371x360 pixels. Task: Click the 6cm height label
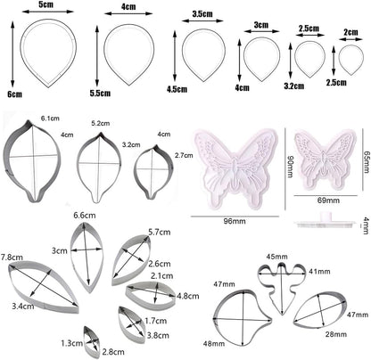(x=14, y=94)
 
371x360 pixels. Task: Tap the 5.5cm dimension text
(x=100, y=94)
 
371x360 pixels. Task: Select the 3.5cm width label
(x=202, y=13)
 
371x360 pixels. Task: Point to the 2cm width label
(x=350, y=32)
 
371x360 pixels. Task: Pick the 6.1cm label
(x=50, y=119)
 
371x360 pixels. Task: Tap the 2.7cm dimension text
(x=185, y=155)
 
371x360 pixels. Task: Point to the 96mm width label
(x=235, y=221)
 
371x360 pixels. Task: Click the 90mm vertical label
(x=290, y=168)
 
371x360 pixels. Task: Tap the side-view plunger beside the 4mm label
(x=326, y=221)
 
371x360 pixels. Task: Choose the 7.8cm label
(x=12, y=257)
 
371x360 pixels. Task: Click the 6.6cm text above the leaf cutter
(x=85, y=215)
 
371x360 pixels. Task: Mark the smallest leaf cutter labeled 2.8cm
(x=91, y=343)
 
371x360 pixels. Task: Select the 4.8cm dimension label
(x=187, y=296)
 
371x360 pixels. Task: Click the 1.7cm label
(x=156, y=321)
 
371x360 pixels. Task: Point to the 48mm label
(x=214, y=344)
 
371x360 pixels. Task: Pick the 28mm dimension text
(x=336, y=334)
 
